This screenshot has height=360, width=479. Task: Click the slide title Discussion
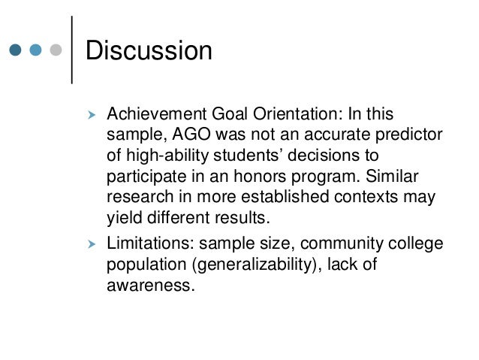(x=149, y=51)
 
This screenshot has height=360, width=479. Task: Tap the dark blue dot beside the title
(x=16, y=51)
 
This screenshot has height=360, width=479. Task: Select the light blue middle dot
(x=35, y=51)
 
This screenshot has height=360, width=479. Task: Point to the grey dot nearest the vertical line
(x=54, y=51)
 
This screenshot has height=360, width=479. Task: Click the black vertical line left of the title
(x=71, y=49)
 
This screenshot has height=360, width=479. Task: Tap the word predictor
(x=411, y=135)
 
